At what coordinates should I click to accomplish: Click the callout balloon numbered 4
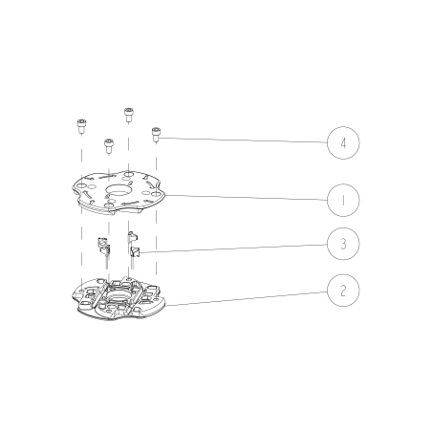(342, 143)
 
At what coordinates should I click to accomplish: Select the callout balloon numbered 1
(342, 201)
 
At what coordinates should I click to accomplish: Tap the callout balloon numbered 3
(342, 244)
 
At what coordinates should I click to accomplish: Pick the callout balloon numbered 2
(342, 290)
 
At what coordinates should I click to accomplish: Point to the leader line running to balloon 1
(248, 198)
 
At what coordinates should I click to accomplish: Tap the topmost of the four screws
(128, 113)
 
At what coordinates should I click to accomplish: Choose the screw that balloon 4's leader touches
(155, 135)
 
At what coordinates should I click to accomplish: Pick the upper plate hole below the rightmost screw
(155, 194)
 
